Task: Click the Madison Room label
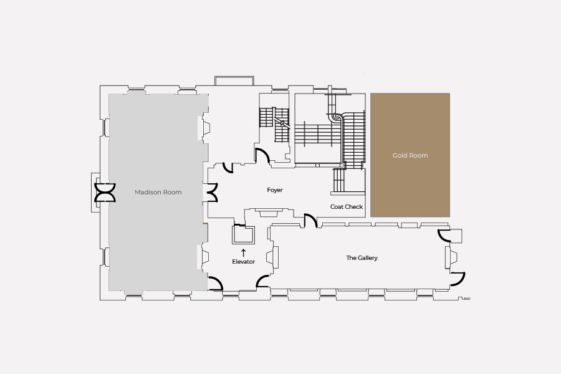158,192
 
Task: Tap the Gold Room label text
410,155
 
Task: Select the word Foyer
275,190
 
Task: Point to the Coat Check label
347,207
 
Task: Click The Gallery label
362,257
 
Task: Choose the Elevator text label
243,262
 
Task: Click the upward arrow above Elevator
243,252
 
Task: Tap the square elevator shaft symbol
243,235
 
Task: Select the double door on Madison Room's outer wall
105,193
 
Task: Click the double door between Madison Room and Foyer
212,193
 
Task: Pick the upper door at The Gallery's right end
444,236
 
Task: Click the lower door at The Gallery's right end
458,279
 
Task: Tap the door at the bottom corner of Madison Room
216,283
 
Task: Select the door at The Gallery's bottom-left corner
262,281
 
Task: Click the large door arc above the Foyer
262,156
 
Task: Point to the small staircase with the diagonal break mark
274,125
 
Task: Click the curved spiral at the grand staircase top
337,117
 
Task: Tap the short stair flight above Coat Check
338,181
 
